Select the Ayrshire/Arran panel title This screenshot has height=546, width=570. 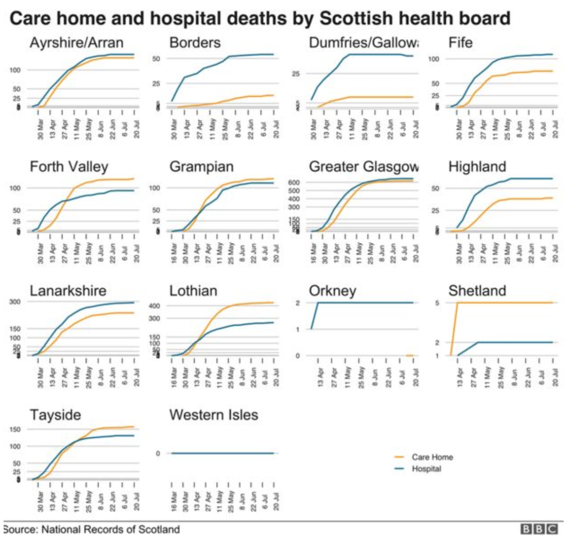76,43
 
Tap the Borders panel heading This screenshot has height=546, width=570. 195,43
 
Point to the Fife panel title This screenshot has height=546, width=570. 460,43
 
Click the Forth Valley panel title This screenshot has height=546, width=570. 69,167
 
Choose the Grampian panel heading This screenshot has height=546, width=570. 201,167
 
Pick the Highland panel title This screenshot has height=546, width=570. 477,167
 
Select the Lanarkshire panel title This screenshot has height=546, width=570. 68,291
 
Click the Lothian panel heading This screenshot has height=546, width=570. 193,291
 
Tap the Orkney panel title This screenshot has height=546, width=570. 332,291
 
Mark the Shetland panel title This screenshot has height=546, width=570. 477,291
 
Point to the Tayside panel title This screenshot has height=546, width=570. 55,414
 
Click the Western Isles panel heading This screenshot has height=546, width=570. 214,414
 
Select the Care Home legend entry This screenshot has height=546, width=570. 432,457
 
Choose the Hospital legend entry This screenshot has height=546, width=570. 426,469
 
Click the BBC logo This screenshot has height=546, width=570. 539,529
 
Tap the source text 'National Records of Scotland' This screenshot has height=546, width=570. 111,529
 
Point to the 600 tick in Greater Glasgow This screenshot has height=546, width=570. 295,182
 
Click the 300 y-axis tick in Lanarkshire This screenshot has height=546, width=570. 15,302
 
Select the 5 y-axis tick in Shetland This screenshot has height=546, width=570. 437,302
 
